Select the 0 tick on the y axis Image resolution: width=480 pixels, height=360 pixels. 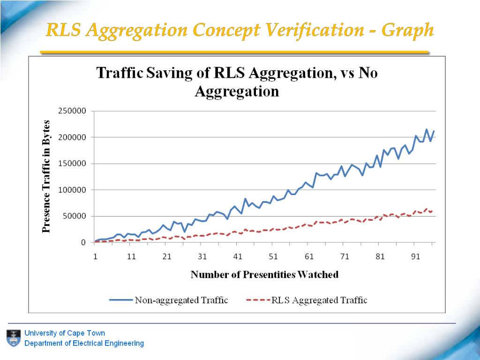[83, 242]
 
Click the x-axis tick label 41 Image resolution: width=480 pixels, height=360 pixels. [238, 256]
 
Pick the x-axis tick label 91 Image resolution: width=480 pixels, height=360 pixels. [416, 256]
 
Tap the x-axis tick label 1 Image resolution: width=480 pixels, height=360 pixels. [95, 256]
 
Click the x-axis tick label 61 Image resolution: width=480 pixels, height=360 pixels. [309, 256]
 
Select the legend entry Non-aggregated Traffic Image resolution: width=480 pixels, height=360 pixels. [181, 300]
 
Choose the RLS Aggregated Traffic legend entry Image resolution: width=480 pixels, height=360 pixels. [319, 300]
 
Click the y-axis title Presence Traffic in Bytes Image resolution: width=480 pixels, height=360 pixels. [46, 177]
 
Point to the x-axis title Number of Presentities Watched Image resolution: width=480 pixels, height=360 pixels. [264, 275]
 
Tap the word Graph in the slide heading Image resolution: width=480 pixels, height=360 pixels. [407, 30]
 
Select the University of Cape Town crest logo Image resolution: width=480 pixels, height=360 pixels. [13, 338]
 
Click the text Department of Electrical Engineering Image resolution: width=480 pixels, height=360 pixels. [84, 343]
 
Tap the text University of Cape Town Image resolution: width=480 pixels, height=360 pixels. [65, 333]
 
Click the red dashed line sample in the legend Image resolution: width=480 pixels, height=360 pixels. [258, 300]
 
